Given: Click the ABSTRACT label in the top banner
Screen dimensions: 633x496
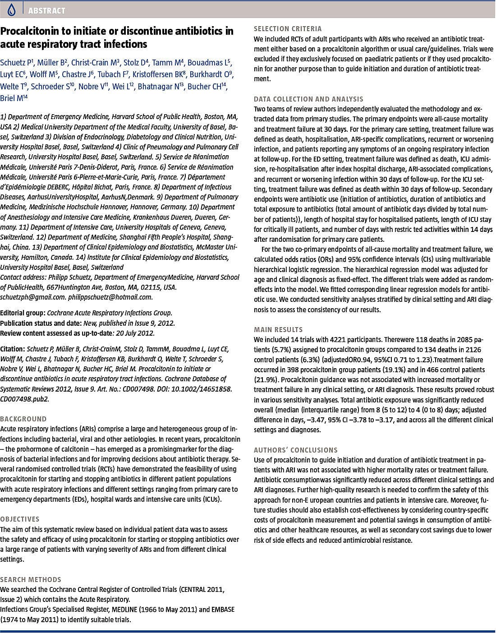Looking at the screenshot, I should click(x=46, y=10).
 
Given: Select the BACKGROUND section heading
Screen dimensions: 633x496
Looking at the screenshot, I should click(x=23, y=419).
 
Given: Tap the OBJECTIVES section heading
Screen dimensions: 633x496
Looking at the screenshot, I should click(x=20, y=519).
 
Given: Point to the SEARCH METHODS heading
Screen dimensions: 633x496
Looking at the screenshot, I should click(x=31, y=579).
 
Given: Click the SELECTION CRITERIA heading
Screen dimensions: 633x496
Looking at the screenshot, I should click(x=288, y=29).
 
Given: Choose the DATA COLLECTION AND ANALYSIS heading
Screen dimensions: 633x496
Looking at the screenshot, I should click(x=308, y=99).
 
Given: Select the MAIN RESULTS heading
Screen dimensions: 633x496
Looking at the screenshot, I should click(x=278, y=329).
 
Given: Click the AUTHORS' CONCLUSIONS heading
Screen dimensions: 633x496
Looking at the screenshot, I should click(x=295, y=450).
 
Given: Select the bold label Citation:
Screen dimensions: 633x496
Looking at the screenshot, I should click(x=13, y=349).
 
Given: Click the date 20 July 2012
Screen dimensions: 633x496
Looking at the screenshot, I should click(x=135, y=333).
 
